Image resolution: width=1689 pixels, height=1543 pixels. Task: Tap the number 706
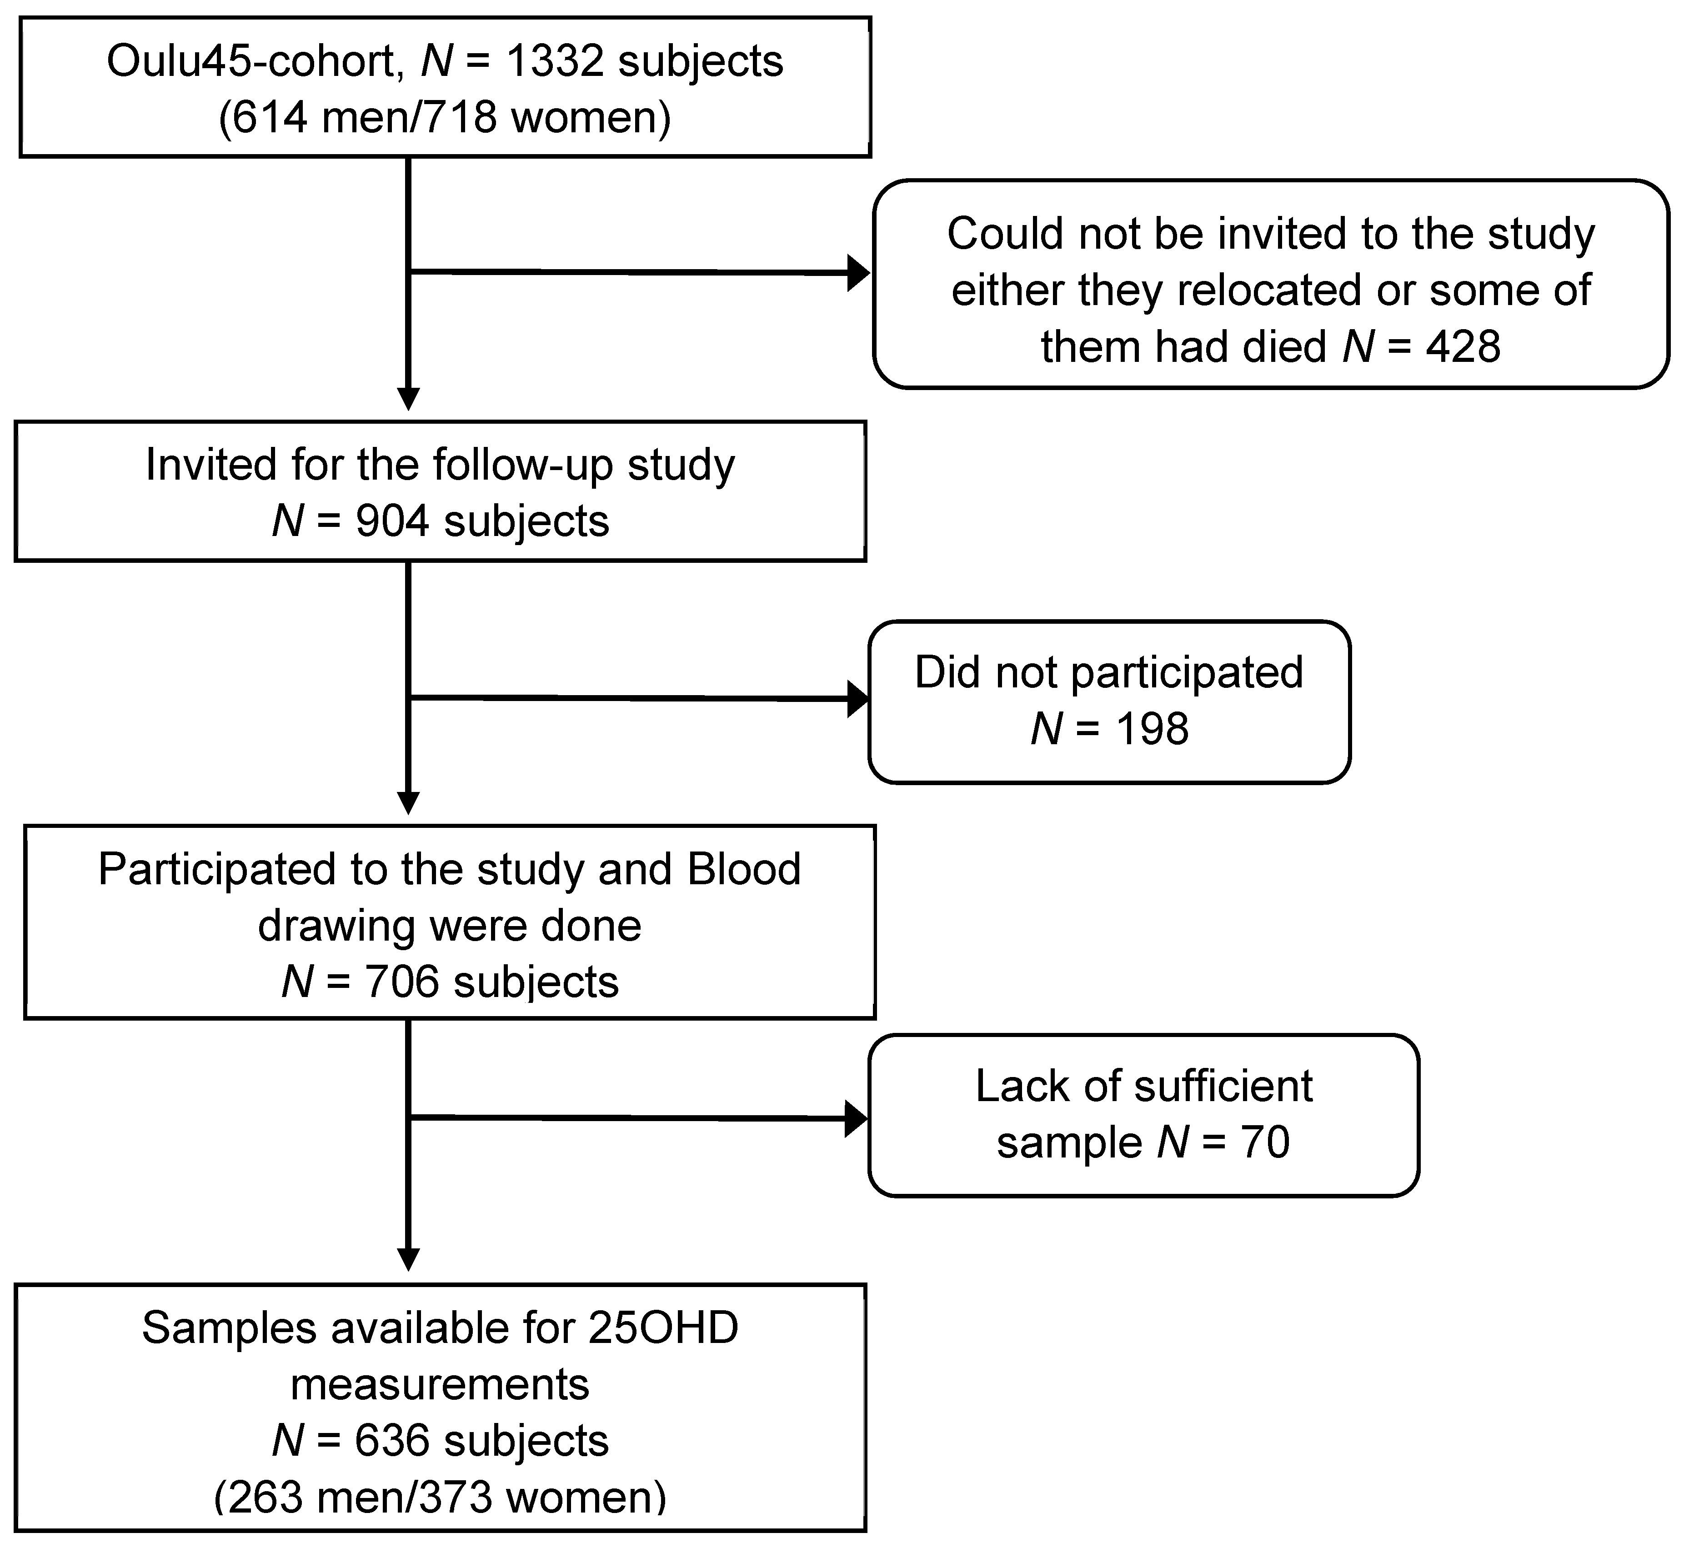tap(401, 982)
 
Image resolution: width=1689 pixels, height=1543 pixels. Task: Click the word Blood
tap(744, 870)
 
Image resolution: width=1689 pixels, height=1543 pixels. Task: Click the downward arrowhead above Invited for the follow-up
tap(408, 399)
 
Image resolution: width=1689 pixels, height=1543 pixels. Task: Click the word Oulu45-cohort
tap(250, 62)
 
